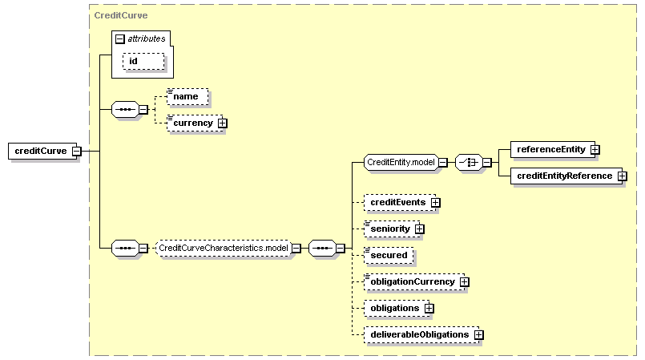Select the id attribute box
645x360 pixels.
pyautogui.click(x=143, y=61)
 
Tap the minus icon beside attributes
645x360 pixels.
pyautogui.click(x=119, y=38)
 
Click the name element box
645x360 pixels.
pyautogui.click(x=187, y=97)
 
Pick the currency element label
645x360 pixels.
pyautogui.click(x=193, y=123)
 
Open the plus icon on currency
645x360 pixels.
pyautogui.click(x=222, y=123)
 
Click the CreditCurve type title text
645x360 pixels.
pyautogui.click(x=121, y=15)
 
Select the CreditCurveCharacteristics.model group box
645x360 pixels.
pyautogui.click(x=224, y=248)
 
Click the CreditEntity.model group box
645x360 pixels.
pyautogui.click(x=401, y=163)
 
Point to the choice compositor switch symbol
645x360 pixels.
pyautogui.click(x=469, y=163)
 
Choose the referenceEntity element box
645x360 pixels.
pyautogui.click(x=552, y=149)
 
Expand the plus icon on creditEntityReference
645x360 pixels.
pyautogui.click(x=622, y=176)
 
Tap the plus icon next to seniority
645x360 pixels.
pyautogui.click(x=419, y=229)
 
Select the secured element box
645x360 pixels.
pyautogui.click(x=389, y=255)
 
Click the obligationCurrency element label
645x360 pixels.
pyautogui.click(x=413, y=282)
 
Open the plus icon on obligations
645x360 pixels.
pyautogui.click(x=429, y=308)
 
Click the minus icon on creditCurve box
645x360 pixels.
pyautogui.click(x=76, y=151)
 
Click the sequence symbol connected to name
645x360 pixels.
pyautogui.click(x=126, y=110)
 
